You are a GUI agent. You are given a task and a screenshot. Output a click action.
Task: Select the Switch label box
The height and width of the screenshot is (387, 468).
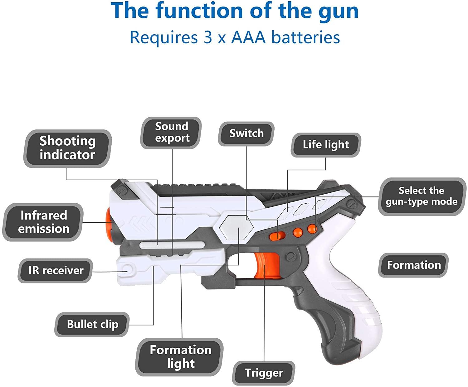tap(246, 133)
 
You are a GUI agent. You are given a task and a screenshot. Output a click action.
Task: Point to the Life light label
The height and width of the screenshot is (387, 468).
tap(326, 145)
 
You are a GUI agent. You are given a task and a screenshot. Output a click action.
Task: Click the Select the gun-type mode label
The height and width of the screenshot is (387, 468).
tap(422, 196)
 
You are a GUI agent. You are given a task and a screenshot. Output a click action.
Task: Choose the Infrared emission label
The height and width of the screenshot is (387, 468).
tap(43, 222)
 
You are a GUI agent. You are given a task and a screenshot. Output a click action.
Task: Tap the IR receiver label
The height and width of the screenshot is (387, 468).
tap(56, 270)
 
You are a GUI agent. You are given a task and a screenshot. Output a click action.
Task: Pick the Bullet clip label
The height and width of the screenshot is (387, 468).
tap(92, 324)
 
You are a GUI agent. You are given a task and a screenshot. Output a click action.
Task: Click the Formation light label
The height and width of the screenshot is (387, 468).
tap(180, 357)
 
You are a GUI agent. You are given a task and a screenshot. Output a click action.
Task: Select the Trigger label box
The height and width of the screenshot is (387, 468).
tap(264, 373)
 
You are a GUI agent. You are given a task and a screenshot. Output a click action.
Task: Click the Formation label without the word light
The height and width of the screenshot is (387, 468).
tap(414, 265)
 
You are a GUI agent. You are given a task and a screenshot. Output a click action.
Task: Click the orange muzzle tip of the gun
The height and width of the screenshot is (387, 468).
tap(109, 222)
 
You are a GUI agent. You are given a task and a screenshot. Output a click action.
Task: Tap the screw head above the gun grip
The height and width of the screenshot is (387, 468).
tap(291, 257)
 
